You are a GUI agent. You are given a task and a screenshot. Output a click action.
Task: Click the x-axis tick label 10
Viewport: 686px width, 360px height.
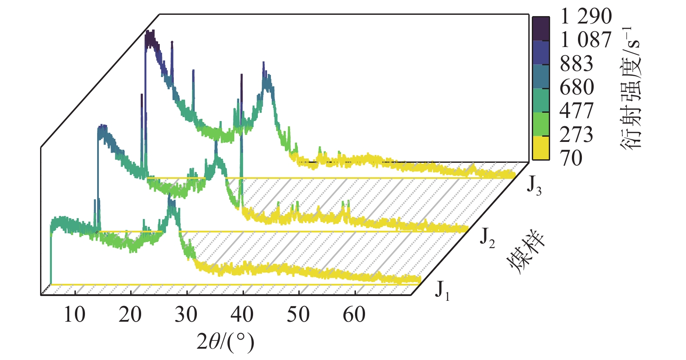(74, 314)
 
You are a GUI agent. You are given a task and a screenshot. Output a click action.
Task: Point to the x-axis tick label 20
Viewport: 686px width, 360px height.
(130, 314)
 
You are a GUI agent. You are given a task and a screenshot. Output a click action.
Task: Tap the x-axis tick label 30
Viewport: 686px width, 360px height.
(186, 314)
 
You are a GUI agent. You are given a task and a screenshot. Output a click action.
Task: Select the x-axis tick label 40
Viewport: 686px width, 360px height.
(242, 314)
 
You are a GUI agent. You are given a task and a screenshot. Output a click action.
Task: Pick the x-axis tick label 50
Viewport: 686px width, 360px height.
(298, 314)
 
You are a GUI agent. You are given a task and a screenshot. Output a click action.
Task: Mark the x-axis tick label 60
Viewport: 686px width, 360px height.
(354, 314)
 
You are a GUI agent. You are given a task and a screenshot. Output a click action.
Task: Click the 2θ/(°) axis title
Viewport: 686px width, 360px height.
(225, 342)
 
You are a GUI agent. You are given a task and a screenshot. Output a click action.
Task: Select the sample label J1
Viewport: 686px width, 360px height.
(442, 290)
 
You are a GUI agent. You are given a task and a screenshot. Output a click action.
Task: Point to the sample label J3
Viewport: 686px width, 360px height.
(534, 185)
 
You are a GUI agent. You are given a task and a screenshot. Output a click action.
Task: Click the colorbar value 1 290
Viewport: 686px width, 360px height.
(586, 17)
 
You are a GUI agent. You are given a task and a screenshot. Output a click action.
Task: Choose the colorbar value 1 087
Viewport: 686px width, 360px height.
(586, 40)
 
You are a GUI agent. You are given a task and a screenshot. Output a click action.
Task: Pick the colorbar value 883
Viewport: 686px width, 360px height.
(576, 64)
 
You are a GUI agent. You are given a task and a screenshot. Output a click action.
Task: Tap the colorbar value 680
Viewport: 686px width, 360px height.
(576, 87)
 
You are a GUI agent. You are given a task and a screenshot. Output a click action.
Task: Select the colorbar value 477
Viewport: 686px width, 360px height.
(576, 111)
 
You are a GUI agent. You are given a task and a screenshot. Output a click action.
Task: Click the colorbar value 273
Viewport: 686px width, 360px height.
(576, 135)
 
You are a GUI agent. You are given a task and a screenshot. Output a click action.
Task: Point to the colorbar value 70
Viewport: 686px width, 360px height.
(571, 158)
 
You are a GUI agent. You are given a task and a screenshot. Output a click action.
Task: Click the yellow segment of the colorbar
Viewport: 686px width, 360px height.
(541, 148)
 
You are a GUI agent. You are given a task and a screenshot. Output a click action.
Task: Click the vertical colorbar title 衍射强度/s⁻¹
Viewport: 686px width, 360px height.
(630, 87)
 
